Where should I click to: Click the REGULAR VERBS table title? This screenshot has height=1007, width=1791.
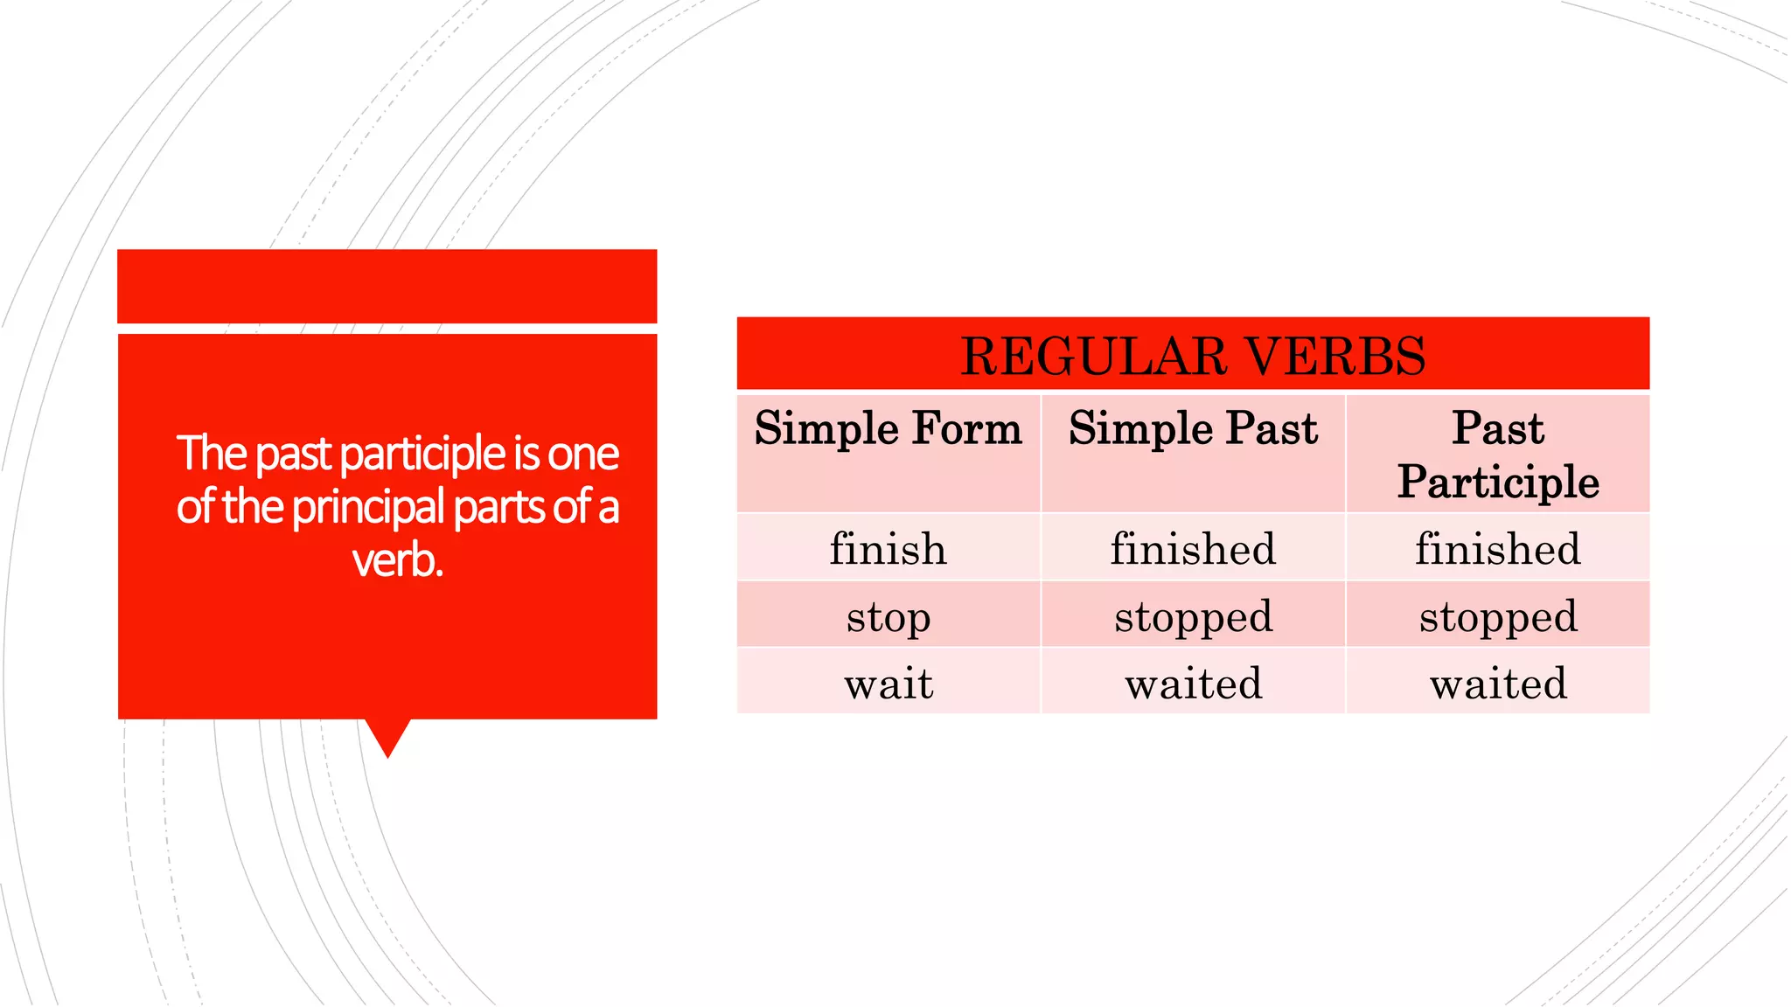[x=1193, y=356]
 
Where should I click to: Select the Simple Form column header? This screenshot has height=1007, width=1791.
[x=888, y=428]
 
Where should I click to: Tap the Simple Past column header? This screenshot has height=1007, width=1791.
[x=1193, y=428]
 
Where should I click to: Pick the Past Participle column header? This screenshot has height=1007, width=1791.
[x=1498, y=455]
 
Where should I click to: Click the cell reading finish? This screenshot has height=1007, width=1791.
[x=888, y=549]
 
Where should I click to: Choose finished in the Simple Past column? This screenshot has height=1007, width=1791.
[x=1193, y=549]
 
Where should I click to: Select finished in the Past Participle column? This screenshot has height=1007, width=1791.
[x=1498, y=549]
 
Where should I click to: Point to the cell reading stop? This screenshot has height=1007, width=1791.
[x=888, y=616]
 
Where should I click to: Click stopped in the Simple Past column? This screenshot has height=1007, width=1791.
[x=1193, y=616]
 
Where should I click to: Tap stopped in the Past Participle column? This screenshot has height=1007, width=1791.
[x=1498, y=616]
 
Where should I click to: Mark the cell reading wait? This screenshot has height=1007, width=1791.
[x=888, y=683]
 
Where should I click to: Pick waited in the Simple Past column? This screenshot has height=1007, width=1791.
[x=1193, y=683]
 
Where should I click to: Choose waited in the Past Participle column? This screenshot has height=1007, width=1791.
[x=1498, y=683]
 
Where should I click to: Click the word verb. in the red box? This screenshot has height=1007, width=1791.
[x=398, y=559]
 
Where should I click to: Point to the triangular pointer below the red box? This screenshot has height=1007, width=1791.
[x=387, y=736]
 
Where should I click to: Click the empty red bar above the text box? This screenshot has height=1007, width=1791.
[x=387, y=286]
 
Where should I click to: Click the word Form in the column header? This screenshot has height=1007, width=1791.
[x=966, y=428]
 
